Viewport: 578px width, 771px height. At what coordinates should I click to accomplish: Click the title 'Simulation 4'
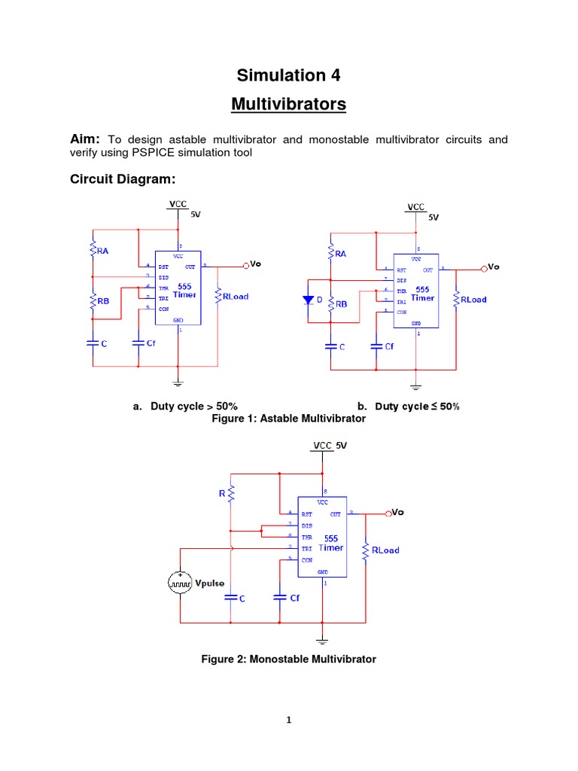pos(288,75)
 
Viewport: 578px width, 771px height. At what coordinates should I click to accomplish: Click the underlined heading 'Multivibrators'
pos(288,104)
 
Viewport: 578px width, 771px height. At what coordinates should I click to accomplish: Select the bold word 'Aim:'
pos(86,139)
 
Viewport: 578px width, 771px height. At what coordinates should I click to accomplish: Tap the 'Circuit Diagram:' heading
pos(123,179)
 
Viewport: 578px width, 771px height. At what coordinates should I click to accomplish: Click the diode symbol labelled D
pos(307,300)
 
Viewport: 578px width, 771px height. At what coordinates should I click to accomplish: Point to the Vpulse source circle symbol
pos(180,583)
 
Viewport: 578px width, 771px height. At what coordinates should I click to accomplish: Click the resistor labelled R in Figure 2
pos(232,494)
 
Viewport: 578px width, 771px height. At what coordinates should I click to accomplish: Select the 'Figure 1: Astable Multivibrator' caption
pos(288,418)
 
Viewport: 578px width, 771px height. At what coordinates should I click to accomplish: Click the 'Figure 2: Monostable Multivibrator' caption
pos(288,659)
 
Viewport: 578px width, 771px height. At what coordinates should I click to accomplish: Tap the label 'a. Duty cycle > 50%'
pos(185,406)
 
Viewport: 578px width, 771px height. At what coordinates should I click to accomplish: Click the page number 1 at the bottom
pos(288,719)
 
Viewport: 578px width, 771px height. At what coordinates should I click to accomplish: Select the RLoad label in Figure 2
pos(385,550)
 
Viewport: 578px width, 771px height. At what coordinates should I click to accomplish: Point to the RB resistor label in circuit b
pos(340,304)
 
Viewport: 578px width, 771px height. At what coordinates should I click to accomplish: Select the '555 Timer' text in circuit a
pos(184,291)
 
